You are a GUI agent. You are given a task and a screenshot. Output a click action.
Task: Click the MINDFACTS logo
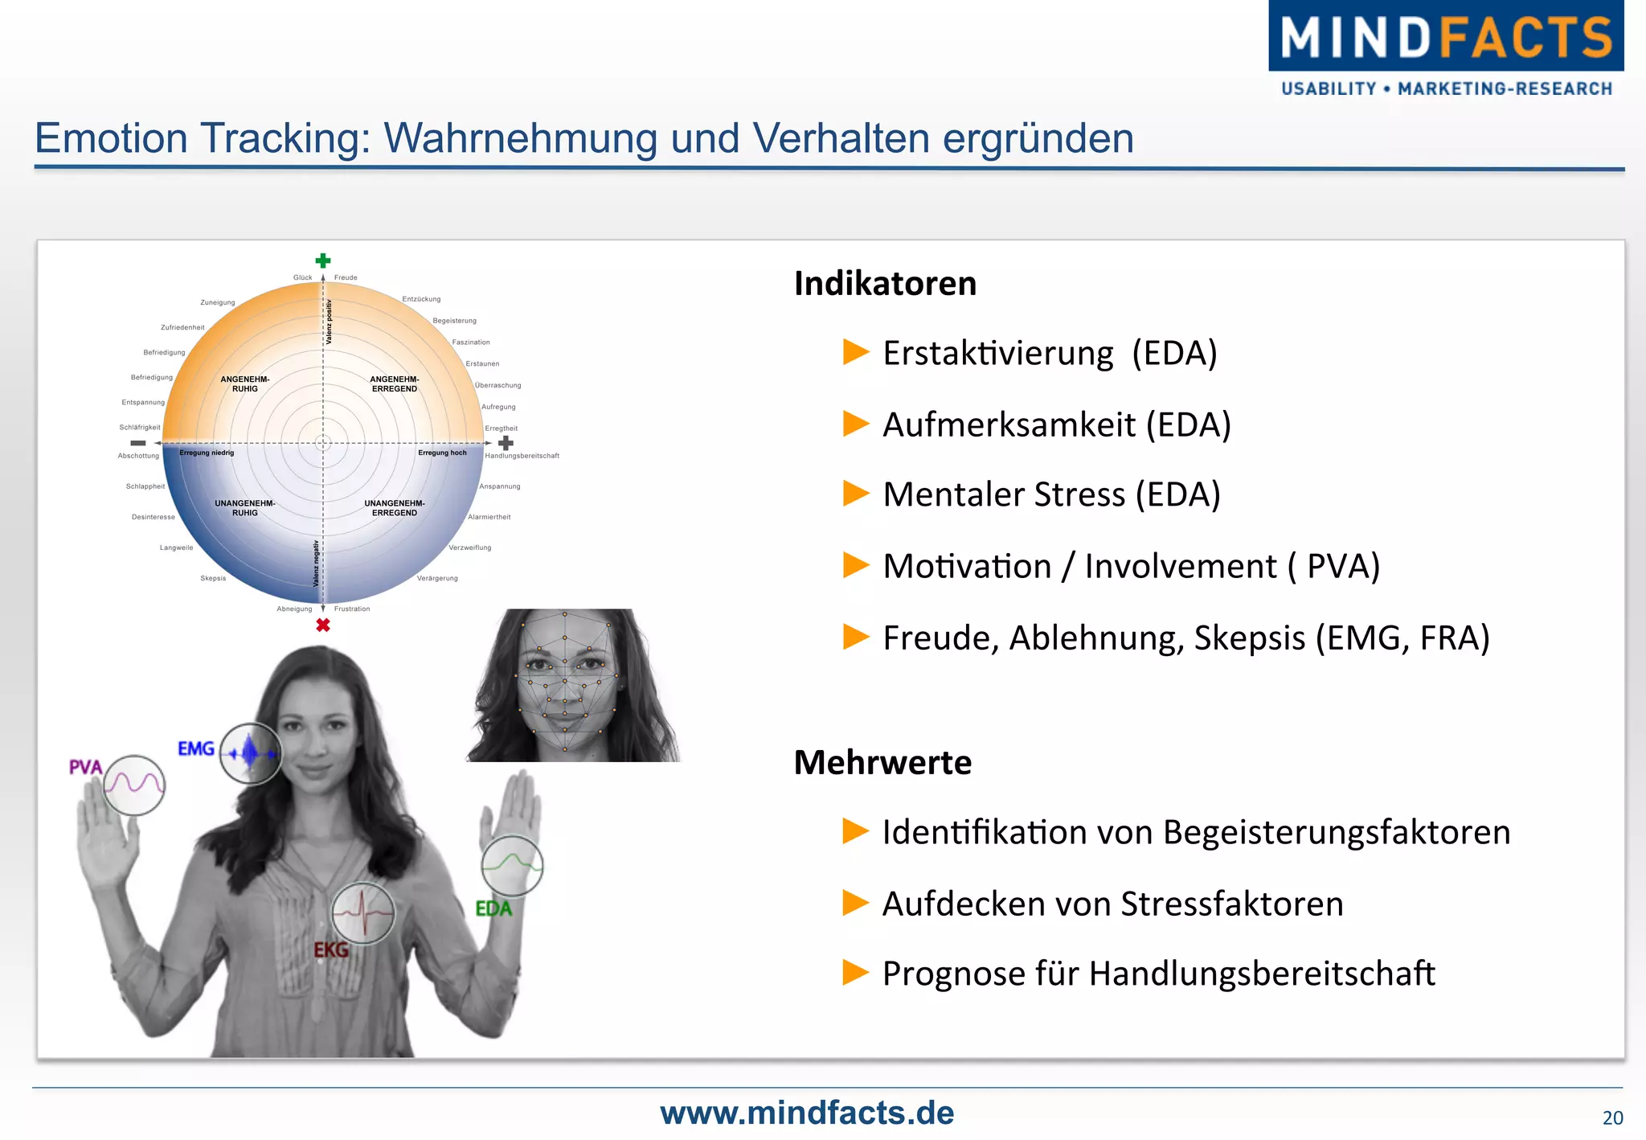tap(1445, 48)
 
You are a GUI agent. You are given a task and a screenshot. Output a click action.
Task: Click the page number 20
tap(1612, 1117)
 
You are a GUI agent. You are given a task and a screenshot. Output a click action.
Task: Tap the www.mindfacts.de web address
tap(807, 1113)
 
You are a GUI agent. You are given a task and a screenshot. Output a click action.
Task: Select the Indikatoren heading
tap(885, 284)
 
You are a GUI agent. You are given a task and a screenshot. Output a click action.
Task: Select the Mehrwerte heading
tap(882, 762)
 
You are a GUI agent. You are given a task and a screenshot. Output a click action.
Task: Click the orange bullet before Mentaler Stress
tap(856, 493)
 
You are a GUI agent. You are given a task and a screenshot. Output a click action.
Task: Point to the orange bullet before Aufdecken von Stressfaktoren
tap(856, 903)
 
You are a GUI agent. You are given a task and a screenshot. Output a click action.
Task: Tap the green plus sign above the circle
tap(323, 260)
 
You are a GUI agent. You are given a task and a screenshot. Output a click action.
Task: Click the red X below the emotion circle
tap(323, 625)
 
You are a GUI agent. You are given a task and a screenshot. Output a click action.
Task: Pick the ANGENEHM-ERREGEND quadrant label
tap(395, 383)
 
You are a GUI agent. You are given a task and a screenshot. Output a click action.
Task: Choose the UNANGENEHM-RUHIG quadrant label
tap(245, 508)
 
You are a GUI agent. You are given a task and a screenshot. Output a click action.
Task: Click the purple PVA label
tap(85, 767)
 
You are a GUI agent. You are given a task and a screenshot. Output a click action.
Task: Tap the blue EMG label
tap(196, 748)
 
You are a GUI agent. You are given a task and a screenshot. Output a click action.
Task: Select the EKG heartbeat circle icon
tap(363, 912)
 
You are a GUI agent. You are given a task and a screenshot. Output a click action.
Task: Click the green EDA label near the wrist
tap(493, 908)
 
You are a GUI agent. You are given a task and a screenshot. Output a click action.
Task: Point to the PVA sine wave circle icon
tap(134, 785)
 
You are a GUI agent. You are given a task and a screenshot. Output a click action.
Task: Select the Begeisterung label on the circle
tap(454, 321)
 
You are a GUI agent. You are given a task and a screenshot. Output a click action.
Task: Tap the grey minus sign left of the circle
tap(138, 443)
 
